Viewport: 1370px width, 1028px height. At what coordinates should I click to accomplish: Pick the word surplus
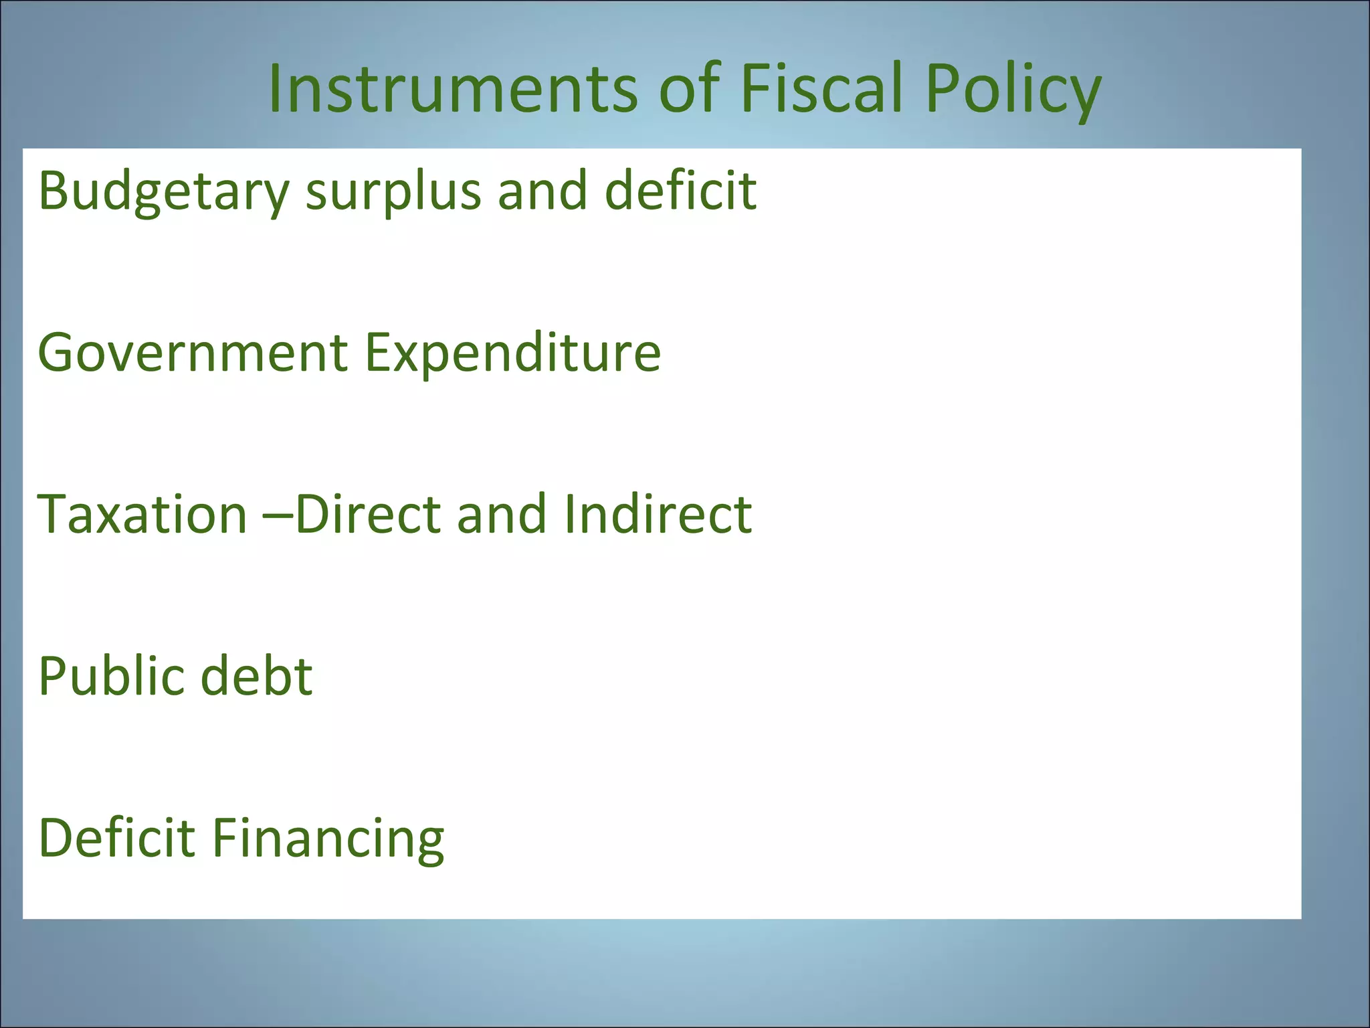point(393,192)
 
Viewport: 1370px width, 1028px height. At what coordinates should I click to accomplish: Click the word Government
point(193,353)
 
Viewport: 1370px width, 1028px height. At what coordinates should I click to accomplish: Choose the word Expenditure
point(513,353)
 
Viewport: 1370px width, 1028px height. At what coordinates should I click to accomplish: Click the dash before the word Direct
point(279,515)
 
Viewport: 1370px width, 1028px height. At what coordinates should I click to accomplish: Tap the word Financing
point(328,839)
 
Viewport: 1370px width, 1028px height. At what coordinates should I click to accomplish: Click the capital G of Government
point(58,353)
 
